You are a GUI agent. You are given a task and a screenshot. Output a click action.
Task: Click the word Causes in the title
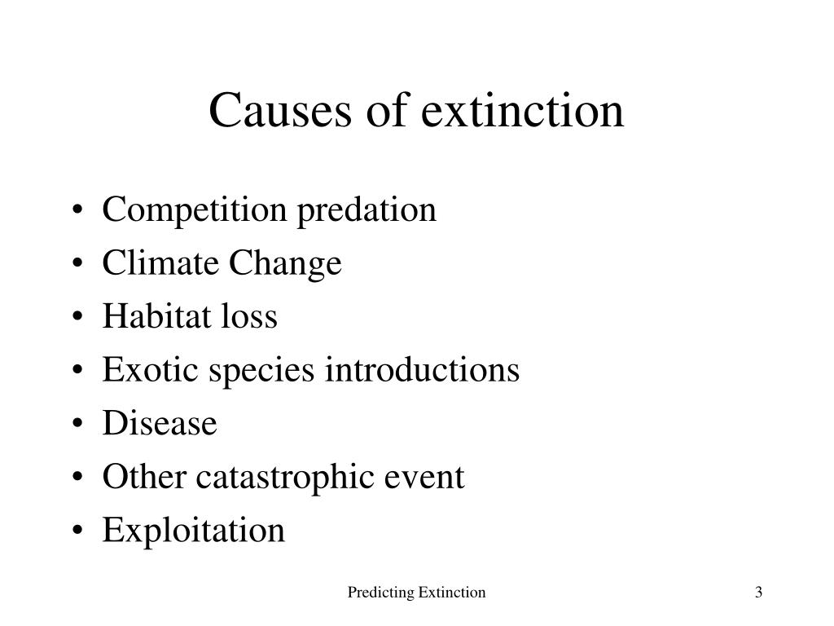280,110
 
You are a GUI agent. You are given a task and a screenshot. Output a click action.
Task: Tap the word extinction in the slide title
522,110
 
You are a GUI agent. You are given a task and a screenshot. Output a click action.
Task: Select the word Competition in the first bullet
194,210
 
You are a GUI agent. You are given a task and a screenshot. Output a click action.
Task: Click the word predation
367,210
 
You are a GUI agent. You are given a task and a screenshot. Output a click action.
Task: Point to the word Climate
160,262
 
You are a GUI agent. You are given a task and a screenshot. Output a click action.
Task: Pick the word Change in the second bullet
285,264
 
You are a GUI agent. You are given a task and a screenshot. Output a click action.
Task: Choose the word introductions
422,369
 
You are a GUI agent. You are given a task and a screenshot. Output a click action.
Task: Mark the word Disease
160,423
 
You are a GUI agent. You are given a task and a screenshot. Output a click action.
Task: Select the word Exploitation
194,531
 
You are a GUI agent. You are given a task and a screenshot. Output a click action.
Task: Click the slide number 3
758,592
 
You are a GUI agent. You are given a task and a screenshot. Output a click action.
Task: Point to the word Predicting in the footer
381,593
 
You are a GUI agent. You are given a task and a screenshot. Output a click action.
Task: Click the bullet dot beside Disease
77,424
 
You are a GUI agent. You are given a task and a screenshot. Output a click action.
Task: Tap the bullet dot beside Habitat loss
77,317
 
